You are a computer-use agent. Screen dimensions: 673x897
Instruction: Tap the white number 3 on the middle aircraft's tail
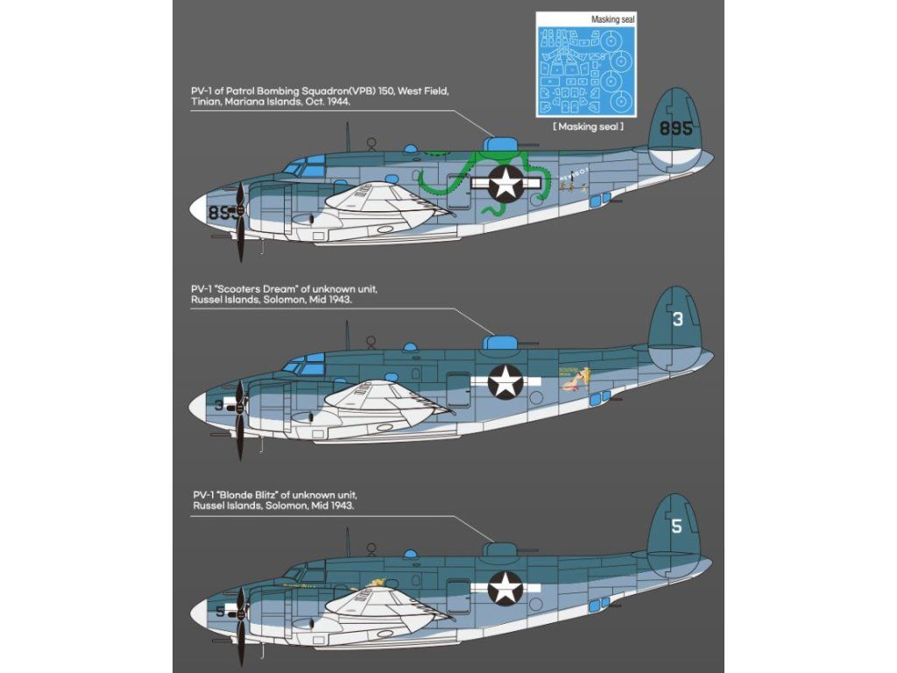pyautogui.click(x=677, y=321)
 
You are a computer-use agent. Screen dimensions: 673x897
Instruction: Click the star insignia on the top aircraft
pyautogui.click(x=505, y=184)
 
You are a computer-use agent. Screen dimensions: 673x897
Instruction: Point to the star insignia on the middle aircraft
pyautogui.click(x=505, y=382)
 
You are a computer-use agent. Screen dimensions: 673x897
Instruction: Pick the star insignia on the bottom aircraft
pyautogui.click(x=505, y=587)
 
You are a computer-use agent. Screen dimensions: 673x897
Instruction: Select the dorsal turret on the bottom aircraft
pyautogui.click(x=501, y=549)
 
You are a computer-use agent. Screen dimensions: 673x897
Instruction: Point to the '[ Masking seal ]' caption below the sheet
pyautogui.click(x=588, y=127)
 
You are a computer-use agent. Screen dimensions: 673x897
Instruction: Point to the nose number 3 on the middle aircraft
pyautogui.click(x=218, y=405)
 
